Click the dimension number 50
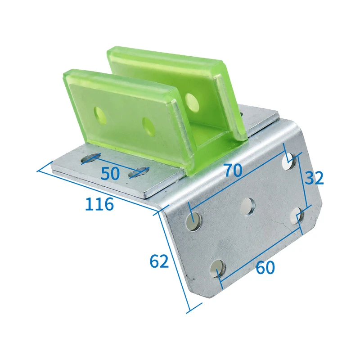pyautogui.click(x=110, y=174)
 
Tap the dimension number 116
pyautogui.click(x=99, y=204)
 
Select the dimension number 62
pyautogui.click(x=159, y=261)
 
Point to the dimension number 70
pyautogui.click(x=233, y=171)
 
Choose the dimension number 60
pyautogui.click(x=265, y=267)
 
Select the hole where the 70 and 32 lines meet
pyautogui.click(x=289, y=162)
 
